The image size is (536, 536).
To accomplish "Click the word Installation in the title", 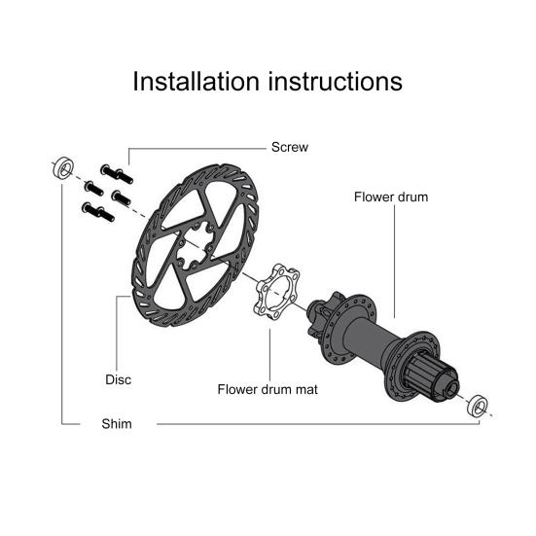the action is pos(196,81).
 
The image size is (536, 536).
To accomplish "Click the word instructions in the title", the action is pos(336,81).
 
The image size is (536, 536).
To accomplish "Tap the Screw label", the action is pos(290,147).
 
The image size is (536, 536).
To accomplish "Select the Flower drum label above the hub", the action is pos(391,197).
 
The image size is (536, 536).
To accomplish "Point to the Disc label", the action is pos(119,379).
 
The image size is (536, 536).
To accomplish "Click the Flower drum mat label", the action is pos(268,389).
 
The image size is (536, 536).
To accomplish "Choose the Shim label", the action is pos(117,424).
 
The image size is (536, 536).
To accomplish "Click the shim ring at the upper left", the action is pos(64,167).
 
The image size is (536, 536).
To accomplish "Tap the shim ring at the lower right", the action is pos(478,406).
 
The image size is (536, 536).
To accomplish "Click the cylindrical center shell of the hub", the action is pos(371,339).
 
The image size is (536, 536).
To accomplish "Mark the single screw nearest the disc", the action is pos(121,197).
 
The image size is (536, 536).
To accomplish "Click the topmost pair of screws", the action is pos(117,174).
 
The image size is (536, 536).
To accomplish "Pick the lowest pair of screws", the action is pos(98,212).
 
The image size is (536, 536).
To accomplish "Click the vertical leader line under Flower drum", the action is pos(395,262).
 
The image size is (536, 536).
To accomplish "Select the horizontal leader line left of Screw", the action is pos(197,149).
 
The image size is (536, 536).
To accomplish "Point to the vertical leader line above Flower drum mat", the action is pos(269,355).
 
